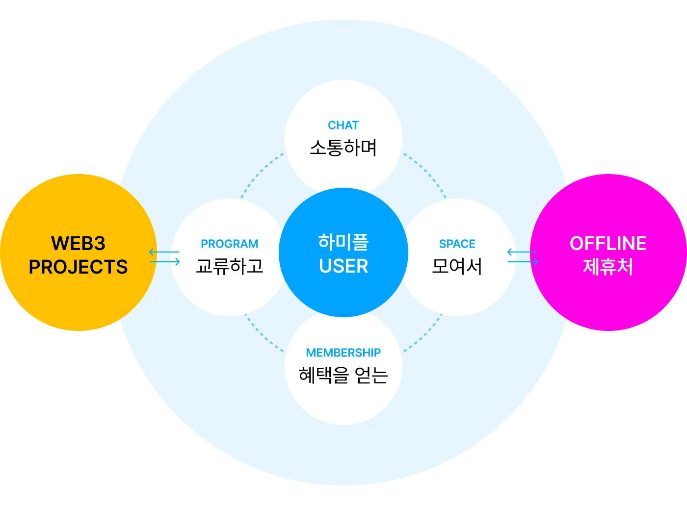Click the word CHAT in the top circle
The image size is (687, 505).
343,126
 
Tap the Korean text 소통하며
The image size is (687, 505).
343,148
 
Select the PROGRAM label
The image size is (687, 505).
229,244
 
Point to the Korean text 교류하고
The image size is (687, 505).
229,266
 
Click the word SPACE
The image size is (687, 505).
457,244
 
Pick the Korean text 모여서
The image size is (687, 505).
457,266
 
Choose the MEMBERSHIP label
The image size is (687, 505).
343,353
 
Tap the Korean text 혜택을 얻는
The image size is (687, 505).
343,375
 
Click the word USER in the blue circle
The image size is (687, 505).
343,266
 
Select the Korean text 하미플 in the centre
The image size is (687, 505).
343,242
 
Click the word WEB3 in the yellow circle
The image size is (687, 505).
78,244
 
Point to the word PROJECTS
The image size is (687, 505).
78,267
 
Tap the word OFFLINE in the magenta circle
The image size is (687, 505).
608,244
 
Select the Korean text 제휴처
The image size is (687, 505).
608,267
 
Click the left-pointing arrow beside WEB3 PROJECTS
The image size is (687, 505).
164,252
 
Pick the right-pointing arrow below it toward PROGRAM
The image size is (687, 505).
165,262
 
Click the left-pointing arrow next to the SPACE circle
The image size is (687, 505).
522,252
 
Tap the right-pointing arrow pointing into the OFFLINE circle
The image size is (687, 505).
523,262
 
